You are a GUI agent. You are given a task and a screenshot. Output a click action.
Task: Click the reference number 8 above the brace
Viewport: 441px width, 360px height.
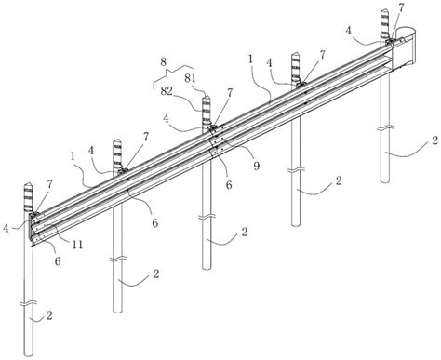[164, 61]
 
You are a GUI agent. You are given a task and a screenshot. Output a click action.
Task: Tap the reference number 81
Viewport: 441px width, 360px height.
[191, 78]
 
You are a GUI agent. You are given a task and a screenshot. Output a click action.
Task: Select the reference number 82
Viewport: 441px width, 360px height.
[167, 91]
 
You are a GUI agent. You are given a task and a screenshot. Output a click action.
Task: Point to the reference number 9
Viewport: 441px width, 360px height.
[256, 166]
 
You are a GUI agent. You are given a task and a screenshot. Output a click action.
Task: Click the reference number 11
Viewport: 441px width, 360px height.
[77, 245]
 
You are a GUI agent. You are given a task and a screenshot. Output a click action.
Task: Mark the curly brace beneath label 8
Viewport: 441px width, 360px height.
[173, 75]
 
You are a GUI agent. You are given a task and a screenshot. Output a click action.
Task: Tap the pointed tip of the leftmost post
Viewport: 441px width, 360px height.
[28, 183]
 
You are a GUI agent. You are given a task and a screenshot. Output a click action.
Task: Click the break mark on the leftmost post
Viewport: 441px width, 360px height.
[29, 303]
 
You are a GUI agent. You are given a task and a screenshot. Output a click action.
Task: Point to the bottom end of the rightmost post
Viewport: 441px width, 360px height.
[385, 180]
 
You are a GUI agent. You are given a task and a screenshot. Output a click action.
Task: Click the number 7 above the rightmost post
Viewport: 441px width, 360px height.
[401, 8]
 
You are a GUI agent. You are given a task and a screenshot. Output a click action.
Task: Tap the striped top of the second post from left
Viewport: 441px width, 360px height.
[118, 153]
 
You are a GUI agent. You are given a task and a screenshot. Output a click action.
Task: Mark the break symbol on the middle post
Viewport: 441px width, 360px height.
[207, 218]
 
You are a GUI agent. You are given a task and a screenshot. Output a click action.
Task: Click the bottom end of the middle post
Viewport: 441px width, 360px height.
[207, 267]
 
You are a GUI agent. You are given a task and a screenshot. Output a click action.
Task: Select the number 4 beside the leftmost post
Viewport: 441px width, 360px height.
[6, 229]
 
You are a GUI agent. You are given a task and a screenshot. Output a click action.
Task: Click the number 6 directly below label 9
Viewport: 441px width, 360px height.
[229, 185]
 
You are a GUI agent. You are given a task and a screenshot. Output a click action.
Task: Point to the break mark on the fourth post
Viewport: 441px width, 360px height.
[296, 170]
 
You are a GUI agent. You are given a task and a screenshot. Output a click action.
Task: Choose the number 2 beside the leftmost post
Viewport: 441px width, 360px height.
[49, 315]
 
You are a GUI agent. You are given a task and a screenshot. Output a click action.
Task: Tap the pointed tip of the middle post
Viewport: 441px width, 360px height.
[207, 97]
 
